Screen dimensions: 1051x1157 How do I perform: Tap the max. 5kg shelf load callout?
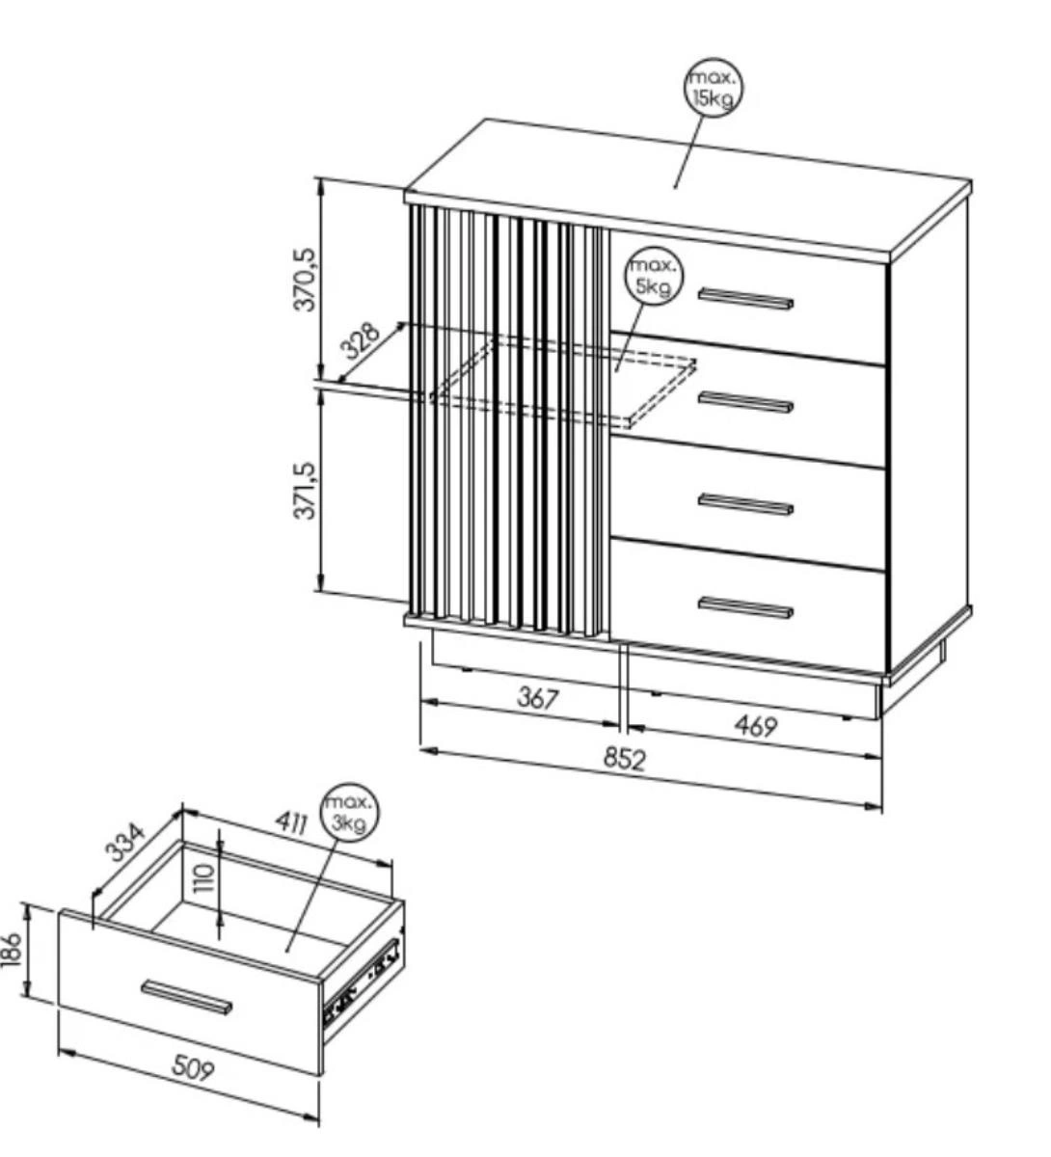pos(654,278)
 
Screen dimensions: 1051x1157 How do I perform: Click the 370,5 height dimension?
pos(305,280)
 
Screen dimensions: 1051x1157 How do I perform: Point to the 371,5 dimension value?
pos(305,490)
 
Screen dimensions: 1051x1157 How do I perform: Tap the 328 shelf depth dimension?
pos(360,339)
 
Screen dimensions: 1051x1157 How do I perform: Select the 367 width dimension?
pos(538,698)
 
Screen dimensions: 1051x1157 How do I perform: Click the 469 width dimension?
pos(756,726)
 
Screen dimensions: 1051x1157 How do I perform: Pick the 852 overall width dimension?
pos(624,759)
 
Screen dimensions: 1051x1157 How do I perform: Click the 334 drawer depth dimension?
pos(125,843)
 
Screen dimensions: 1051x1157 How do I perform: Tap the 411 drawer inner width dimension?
pos(291,821)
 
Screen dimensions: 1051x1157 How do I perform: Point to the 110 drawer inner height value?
pos(203,877)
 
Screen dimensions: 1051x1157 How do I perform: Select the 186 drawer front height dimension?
pos(12,949)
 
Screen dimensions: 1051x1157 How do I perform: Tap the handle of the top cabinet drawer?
pos(745,299)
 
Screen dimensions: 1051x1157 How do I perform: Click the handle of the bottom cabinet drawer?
pos(745,606)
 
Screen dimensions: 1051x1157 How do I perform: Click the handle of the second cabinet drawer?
pos(745,402)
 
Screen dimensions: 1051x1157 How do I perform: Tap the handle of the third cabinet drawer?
pos(745,504)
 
